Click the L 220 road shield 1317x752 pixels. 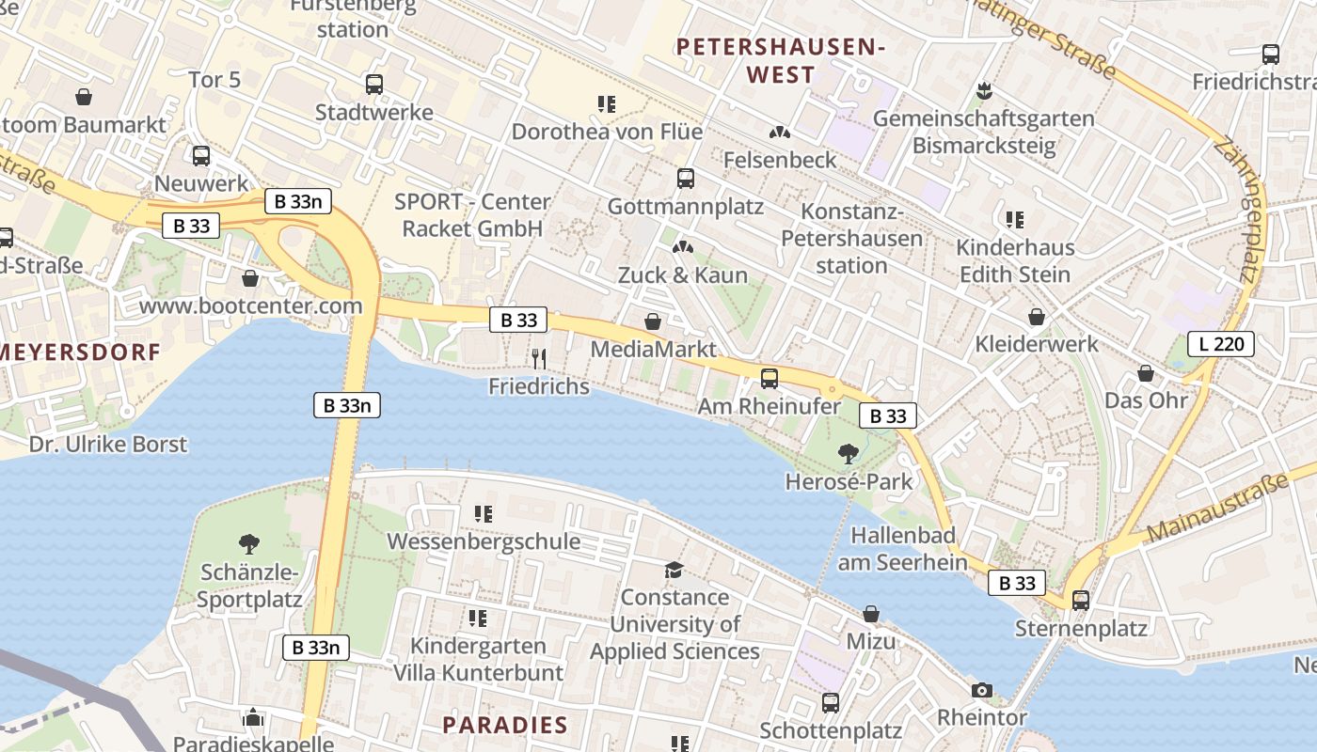[x=1221, y=344]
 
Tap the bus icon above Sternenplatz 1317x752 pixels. [x=1081, y=600]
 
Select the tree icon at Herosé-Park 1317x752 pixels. [x=849, y=454]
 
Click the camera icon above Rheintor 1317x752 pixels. [x=982, y=691]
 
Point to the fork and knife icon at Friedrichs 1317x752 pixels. [x=539, y=358]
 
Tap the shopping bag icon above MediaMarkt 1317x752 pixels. [x=653, y=321]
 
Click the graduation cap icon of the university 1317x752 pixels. [x=674, y=570]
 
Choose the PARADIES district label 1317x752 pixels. [x=505, y=725]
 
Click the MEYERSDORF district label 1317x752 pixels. [x=79, y=352]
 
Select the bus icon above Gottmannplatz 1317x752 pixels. [x=686, y=178]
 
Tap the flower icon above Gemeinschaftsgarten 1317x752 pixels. [x=984, y=91]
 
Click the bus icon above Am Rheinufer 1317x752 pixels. [x=770, y=379]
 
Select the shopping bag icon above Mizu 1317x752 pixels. [x=871, y=614]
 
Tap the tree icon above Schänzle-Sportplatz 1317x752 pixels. [x=249, y=543]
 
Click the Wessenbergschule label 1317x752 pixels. [x=484, y=541]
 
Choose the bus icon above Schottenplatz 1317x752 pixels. [x=831, y=702]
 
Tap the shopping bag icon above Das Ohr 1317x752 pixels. [x=1146, y=373]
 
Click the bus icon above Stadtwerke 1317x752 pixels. [x=374, y=85]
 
